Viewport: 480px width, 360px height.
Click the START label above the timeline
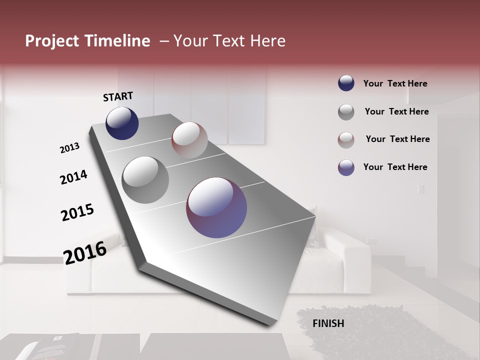[x=118, y=96]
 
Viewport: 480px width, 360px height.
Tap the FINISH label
[x=328, y=323]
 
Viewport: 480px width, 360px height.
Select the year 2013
[x=69, y=148]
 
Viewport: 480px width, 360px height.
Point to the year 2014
[x=73, y=177]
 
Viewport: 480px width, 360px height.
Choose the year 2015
[x=77, y=212]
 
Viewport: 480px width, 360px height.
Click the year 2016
[x=85, y=252]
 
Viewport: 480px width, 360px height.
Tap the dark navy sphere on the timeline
[x=122, y=123]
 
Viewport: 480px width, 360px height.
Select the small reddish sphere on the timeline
[x=189, y=140]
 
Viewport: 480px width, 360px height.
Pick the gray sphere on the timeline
[x=145, y=179]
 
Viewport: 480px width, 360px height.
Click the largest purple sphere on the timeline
[x=216, y=207]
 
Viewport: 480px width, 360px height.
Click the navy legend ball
[x=346, y=83]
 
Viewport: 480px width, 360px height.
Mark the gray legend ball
[x=346, y=112]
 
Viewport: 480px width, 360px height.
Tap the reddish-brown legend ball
[x=346, y=139]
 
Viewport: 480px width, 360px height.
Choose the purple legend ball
[x=346, y=167]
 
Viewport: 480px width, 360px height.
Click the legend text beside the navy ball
[x=395, y=83]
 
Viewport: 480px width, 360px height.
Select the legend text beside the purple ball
[x=395, y=167]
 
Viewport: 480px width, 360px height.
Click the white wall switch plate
[x=421, y=189]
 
